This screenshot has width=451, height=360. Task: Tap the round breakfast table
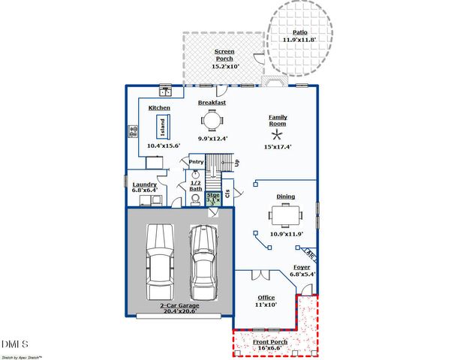212,120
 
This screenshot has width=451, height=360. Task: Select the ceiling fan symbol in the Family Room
278,135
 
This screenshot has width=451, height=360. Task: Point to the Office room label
266,298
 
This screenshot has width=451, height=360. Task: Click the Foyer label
302,267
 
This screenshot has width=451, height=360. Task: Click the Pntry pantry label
196,162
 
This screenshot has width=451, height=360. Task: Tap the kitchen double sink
167,92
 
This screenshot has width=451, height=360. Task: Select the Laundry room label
144,184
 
